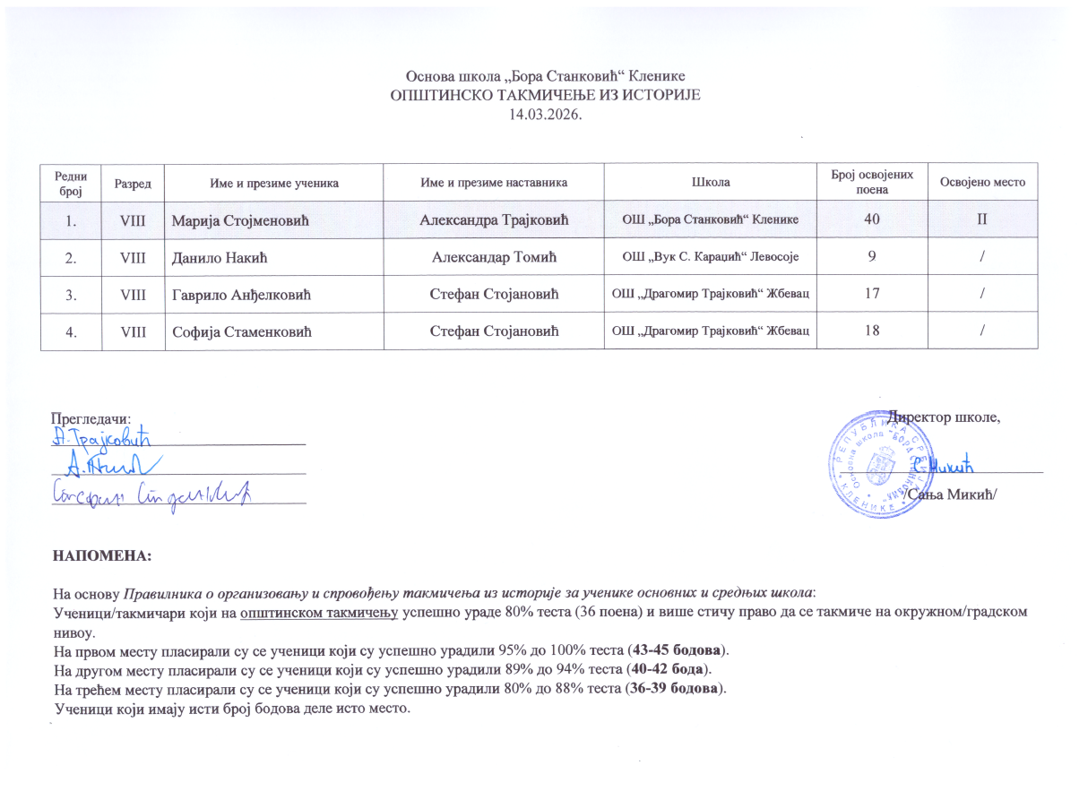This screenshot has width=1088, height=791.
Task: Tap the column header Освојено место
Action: click(982, 183)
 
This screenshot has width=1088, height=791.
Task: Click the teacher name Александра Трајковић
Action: click(495, 220)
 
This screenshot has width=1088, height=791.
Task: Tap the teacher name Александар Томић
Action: click(495, 258)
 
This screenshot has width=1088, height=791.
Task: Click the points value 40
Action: click(871, 220)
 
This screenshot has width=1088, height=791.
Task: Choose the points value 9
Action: click(871, 258)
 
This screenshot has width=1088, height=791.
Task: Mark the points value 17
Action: click(871, 295)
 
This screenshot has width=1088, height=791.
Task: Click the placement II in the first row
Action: click(982, 220)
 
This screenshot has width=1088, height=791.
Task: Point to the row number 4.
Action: click(70, 331)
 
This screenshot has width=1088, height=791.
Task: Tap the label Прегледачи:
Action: click(91, 418)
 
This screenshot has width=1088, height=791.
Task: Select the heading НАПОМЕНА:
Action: click(102, 556)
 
